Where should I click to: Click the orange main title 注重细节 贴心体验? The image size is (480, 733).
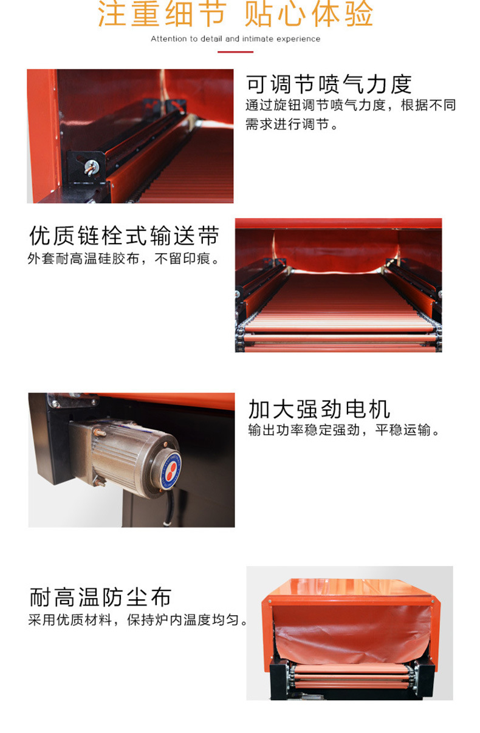click(235, 14)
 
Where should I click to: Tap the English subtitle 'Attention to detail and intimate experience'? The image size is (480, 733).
click(235, 39)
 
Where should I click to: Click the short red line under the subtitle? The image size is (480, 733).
click(235, 52)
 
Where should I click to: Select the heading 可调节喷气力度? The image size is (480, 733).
click(329, 84)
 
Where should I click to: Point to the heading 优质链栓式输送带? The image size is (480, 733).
click(124, 236)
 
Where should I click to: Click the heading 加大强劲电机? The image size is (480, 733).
click(319, 409)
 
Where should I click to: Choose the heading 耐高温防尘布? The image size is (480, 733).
click(100, 597)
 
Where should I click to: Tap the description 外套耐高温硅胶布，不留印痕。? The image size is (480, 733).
click(123, 259)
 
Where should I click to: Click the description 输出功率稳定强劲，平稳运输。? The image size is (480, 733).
click(344, 430)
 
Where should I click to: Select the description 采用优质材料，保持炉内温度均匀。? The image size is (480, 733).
click(137, 619)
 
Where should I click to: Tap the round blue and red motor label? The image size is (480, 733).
click(170, 471)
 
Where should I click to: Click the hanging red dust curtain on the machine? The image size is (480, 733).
click(352, 634)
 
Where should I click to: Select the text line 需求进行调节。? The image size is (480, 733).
click(292, 124)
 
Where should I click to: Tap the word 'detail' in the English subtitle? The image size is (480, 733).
click(212, 39)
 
